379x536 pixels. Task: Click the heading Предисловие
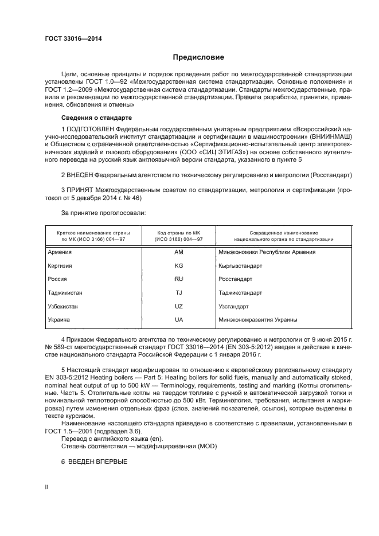click(x=198, y=57)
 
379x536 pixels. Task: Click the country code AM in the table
click(x=178, y=252)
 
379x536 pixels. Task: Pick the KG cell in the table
click(x=178, y=265)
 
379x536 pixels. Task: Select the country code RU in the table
click(x=178, y=279)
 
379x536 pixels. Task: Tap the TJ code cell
click(x=178, y=292)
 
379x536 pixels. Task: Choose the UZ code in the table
click(x=178, y=306)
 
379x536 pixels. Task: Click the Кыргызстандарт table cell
click(x=240, y=265)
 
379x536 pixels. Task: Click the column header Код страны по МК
click(x=178, y=233)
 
